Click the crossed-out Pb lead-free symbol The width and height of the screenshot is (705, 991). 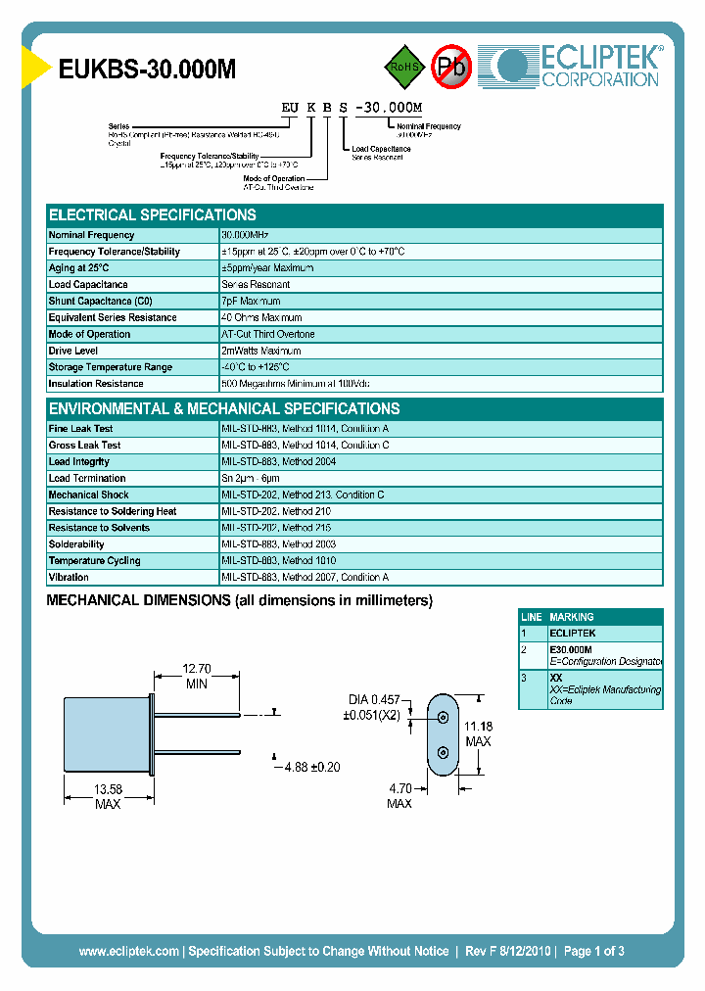point(452,67)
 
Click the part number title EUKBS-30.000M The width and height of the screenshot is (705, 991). point(147,70)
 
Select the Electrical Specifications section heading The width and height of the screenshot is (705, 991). point(153,215)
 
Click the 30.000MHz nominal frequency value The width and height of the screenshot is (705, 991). point(245,235)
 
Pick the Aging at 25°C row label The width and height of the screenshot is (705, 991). point(79,268)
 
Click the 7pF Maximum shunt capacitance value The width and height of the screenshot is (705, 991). point(252,302)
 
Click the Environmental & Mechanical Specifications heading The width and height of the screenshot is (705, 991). point(224,409)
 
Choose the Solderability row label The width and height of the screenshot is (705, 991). point(76,544)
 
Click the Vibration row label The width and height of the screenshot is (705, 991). point(69,578)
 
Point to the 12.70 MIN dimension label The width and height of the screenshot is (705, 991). point(197,677)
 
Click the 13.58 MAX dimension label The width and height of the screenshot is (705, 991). point(108,796)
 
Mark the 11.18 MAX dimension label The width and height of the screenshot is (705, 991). point(479,733)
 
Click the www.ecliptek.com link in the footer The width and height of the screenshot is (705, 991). point(128,951)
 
